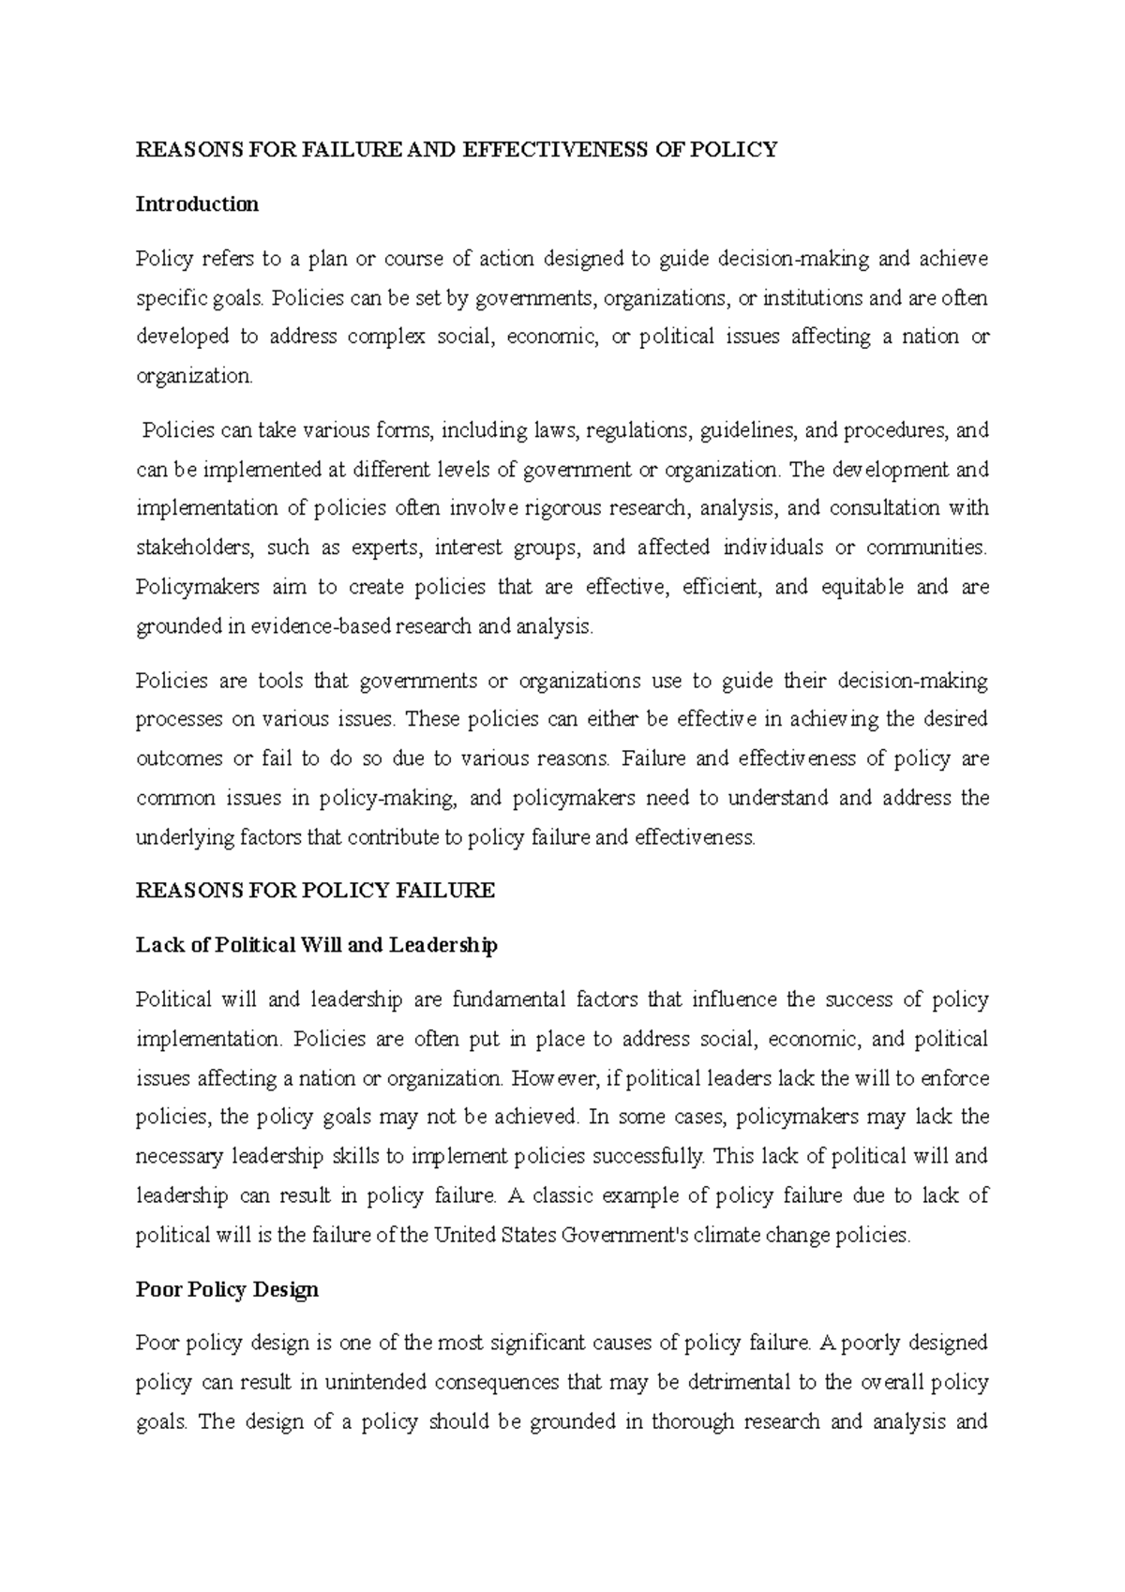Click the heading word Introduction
coord(197,204)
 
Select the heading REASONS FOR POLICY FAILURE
coord(315,891)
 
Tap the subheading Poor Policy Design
coord(227,1289)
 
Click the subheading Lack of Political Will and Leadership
coord(316,945)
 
